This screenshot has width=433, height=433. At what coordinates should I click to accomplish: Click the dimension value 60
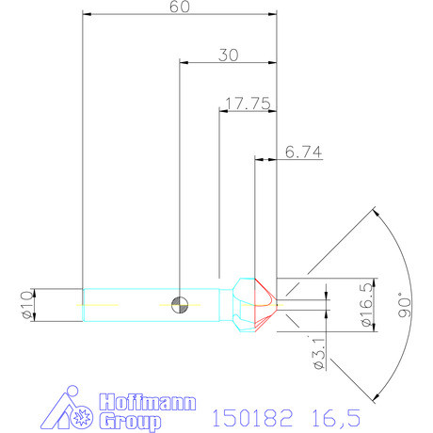[180, 8]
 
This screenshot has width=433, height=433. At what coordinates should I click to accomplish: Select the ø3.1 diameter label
[319, 349]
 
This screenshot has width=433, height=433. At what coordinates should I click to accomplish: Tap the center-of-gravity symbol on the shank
[180, 304]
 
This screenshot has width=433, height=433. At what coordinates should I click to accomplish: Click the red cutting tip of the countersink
[266, 303]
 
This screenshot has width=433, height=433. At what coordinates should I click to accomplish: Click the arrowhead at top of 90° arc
[376, 214]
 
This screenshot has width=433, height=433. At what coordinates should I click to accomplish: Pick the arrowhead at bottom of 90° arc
[376, 393]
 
